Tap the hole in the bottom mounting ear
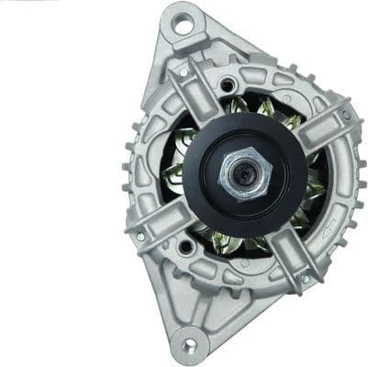coord(189,345)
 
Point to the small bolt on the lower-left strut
coord(140,236)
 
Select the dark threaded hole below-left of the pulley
coord(186,246)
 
